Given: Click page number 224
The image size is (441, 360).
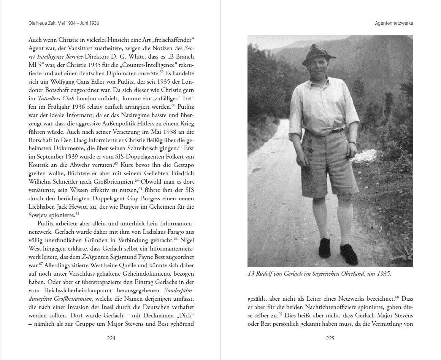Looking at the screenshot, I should pos(111,339).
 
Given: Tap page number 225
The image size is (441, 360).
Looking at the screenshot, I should pos(330,339).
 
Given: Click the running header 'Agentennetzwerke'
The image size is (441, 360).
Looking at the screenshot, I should pos(393,23).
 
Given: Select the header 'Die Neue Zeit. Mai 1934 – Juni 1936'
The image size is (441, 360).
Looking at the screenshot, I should pos(64,23).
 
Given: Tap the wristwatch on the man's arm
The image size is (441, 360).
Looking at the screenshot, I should pos(353,143).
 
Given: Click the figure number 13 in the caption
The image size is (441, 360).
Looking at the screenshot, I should pos(251,274).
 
